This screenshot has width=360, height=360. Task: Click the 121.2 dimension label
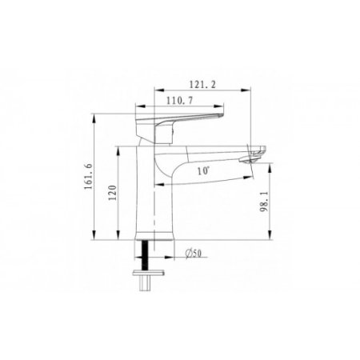(x=202, y=85)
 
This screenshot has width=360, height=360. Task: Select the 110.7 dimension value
(x=179, y=101)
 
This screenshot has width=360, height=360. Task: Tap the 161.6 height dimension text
(x=89, y=177)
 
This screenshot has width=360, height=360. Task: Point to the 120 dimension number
(x=113, y=193)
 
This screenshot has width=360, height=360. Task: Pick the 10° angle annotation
(x=203, y=171)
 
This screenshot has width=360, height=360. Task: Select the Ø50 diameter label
(x=194, y=253)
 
